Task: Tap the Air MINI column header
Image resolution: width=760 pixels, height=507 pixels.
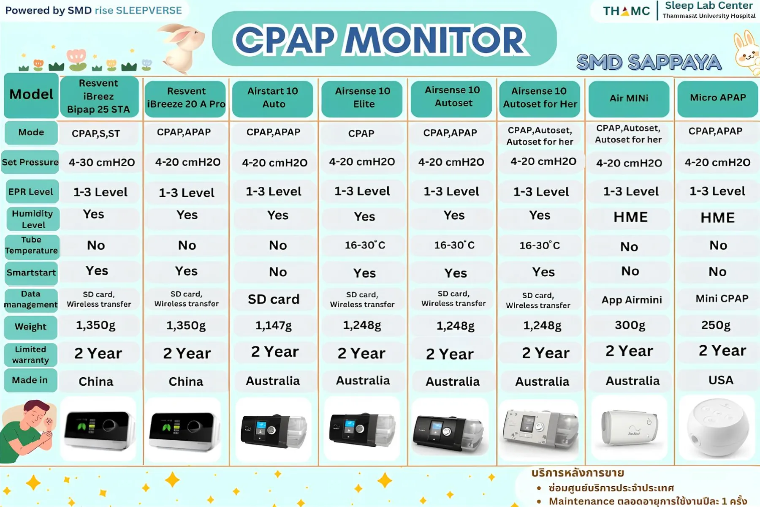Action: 629,98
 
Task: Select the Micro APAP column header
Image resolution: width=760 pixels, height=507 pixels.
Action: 718,98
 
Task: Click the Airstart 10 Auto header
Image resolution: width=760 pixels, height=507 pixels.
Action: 273,98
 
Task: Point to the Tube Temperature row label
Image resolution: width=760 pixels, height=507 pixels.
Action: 31,245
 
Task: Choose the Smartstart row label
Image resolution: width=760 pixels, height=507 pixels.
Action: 31,273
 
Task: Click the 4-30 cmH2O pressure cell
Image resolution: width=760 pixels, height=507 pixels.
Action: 102,163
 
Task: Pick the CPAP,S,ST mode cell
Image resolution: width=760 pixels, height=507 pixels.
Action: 96,134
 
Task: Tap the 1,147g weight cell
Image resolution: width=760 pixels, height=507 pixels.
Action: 273,326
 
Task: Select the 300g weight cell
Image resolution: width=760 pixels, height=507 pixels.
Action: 630,325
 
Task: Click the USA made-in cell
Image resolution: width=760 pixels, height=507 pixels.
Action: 721,380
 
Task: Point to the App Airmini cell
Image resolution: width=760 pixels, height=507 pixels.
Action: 632,300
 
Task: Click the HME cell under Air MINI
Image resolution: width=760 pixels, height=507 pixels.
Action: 630,217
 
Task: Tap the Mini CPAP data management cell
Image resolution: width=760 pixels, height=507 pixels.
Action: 722,299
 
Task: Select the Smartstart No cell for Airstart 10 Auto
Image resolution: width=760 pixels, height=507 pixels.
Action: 278,272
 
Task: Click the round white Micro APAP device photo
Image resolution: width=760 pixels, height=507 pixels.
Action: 718,428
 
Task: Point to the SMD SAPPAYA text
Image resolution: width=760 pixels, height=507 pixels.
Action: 649,63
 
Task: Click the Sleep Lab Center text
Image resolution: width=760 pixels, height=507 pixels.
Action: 709,5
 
